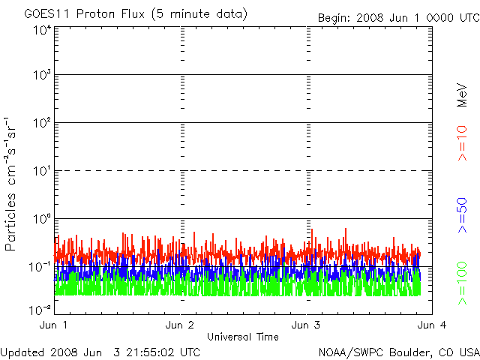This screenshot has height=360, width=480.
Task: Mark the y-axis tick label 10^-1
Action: (x=40, y=266)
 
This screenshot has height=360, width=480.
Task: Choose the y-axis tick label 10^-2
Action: (x=40, y=307)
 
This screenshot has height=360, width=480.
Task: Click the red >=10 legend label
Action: (x=462, y=143)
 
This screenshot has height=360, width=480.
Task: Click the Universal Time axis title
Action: (x=242, y=337)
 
